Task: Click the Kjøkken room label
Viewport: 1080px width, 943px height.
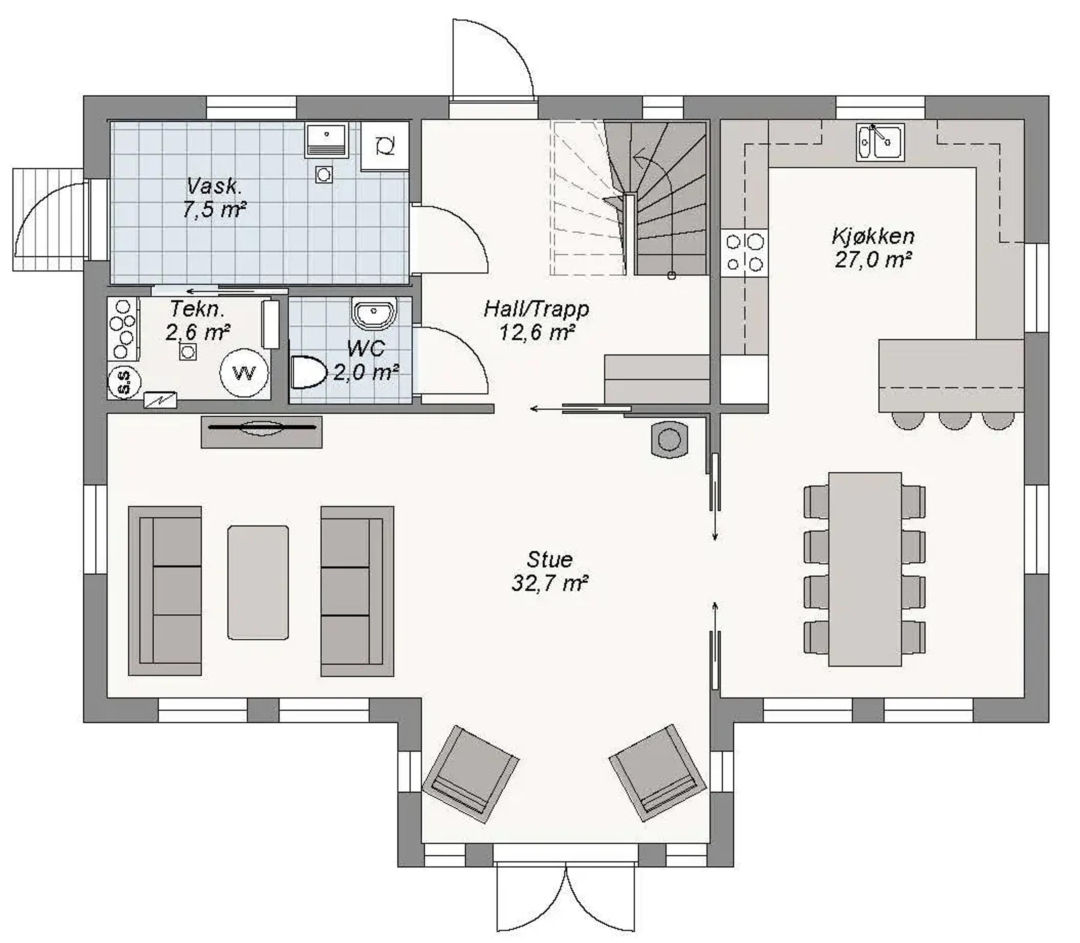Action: [873, 236]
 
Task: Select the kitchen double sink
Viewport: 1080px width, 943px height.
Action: [880, 142]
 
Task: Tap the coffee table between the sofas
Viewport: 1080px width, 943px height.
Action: [258, 583]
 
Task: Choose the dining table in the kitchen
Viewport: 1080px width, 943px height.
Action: [865, 569]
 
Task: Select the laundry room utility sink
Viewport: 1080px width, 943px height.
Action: [326, 140]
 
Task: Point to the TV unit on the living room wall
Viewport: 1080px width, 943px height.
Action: [262, 432]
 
